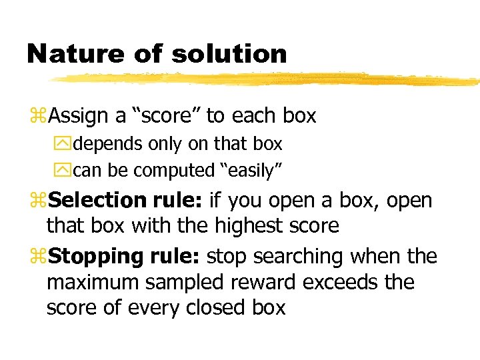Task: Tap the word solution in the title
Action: (229, 53)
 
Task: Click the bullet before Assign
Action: (39, 117)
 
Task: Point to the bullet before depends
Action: (66, 144)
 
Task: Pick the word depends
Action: (107, 144)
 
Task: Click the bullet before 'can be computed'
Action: (66, 171)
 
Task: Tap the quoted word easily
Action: (251, 171)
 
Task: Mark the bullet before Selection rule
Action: (39, 201)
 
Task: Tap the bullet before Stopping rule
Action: (39, 257)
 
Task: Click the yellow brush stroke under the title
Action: (267, 80)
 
